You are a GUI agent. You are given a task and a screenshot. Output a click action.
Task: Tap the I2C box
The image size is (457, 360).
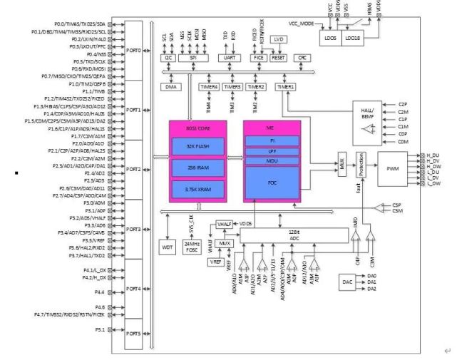[x=167, y=58]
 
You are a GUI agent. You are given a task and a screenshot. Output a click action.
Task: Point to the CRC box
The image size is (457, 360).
[x=302, y=58]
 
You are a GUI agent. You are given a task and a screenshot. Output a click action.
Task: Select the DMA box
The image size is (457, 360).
[x=170, y=87]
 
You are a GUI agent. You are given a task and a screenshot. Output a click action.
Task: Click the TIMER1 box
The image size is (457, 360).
[x=285, y=87]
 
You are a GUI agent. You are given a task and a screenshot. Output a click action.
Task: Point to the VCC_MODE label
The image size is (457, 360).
[x=302, y=24]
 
